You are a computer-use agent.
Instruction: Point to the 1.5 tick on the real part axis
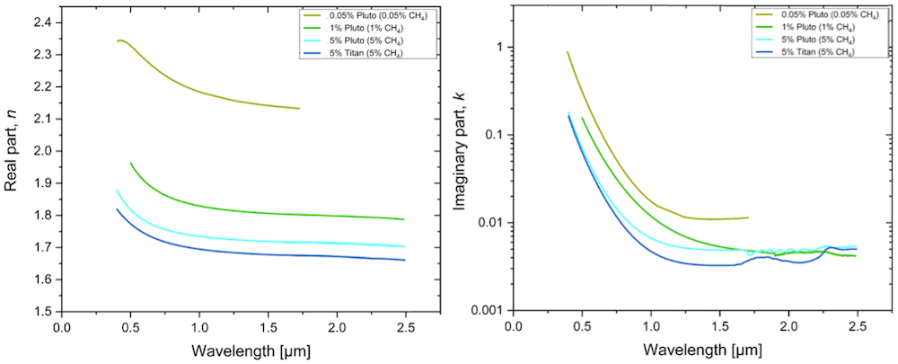click(x=40, y=312)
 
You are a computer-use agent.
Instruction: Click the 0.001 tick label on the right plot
click(x=485, y=311)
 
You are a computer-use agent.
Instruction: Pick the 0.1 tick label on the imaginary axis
click(x=491, y=135)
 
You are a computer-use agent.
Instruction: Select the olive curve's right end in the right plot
click(x=747, y=218)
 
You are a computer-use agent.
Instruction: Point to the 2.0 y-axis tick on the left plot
click(x=40, y=151)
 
